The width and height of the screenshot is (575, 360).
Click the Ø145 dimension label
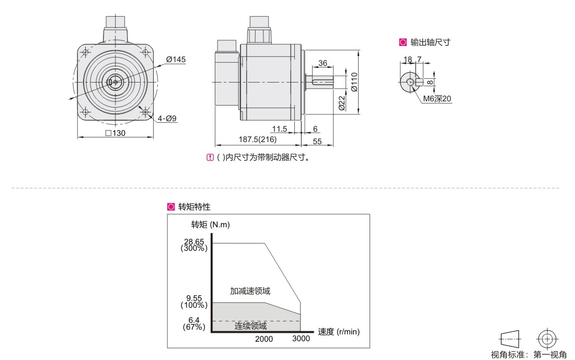click(176, 60)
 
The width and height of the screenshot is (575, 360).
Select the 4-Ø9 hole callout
click(167, 119)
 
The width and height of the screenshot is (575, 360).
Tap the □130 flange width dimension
click(115, 133)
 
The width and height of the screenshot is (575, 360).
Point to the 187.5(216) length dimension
click(257, 140)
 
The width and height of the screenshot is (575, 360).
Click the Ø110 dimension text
click(354, 82)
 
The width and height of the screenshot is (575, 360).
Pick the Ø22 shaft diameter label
click(341, 103)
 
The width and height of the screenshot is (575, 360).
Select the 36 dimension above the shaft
click(323, 63)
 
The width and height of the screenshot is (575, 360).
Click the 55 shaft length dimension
click(317, 142)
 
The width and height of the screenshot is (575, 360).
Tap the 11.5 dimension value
click(280, 129)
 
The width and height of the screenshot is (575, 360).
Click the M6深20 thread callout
click(437, 99)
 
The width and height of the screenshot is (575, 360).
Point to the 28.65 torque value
click(194, 241)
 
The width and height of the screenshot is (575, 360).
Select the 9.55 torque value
click(194, 298)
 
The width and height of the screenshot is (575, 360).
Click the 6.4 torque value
click(194, 320)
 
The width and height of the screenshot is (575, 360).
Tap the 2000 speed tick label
click(264, 339)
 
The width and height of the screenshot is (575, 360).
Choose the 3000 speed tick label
click(301, 339)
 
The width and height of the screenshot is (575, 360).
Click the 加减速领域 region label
click(250, 291)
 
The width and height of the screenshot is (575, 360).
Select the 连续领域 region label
click(251, 326)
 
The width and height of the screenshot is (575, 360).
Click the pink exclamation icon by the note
click(210, 158)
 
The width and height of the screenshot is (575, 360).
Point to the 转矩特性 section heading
click(194, 207)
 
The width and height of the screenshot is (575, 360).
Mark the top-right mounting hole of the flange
click(145, 52)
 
